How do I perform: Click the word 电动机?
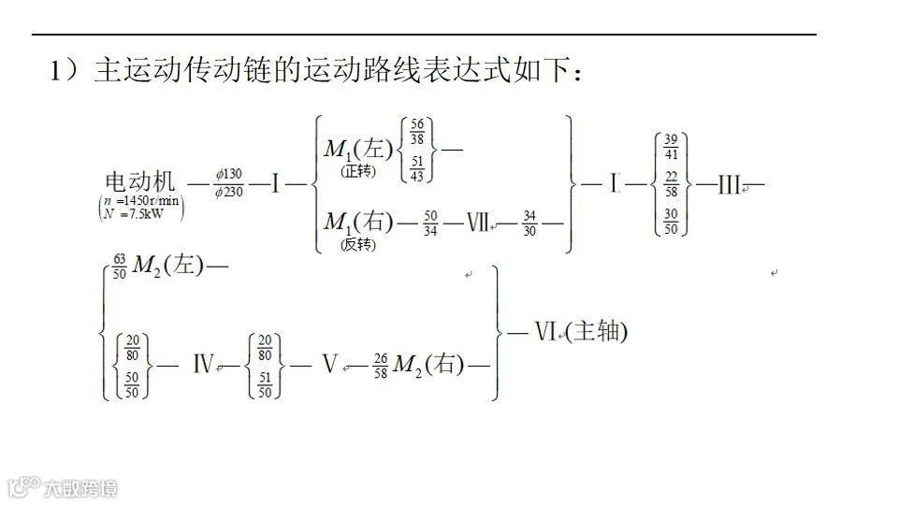tap(139, 182)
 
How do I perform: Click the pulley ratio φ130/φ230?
tap(228, 183)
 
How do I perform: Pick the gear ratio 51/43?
tap(416, 168)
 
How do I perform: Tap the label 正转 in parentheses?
tap(357, 171)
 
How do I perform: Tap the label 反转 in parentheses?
tap(357, 244)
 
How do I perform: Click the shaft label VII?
tap(477, 223)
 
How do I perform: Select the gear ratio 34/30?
tap(530, 223)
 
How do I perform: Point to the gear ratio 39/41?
tap(671, 147)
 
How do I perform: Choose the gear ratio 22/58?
tap(671, 183)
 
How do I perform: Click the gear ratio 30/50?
tap(671, 221)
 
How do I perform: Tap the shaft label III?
tap(730, 184)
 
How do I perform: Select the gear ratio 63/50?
tap(119, 267)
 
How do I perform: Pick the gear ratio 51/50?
tap(267, 383)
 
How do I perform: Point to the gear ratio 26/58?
tap(380, 365)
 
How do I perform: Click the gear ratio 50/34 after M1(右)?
tap(430, 223)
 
